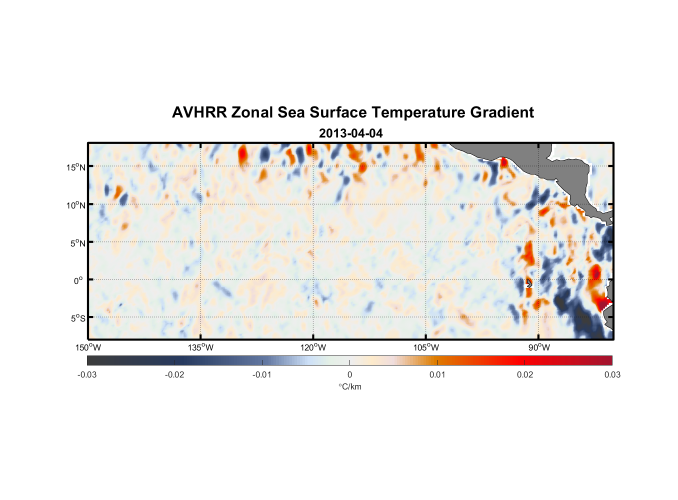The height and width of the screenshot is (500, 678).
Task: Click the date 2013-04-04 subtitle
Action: point(350,133)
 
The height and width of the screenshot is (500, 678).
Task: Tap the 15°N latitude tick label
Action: point(76,167)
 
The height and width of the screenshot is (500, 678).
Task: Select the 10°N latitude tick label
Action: point(76,205)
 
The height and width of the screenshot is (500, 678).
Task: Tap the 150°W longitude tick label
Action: point(88,347)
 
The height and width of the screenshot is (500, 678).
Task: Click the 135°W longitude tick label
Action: point(200,347)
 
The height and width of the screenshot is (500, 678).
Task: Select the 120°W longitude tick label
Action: point(313,347)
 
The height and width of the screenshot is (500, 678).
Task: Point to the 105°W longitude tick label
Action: point(426,347)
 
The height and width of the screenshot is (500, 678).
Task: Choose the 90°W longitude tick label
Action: point(538,347)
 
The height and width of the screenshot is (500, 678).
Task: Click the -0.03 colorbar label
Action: point(87,374)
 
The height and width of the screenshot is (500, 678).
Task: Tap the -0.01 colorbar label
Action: point(262,374)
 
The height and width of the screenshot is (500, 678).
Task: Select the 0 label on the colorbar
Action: point(349,374)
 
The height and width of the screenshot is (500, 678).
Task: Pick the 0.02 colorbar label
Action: point(525,374)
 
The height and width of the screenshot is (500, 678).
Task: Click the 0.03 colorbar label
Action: point(612,374)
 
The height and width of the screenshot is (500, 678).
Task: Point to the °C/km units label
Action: point(349,386)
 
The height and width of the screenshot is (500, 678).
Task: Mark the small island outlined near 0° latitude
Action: point(529,283)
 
